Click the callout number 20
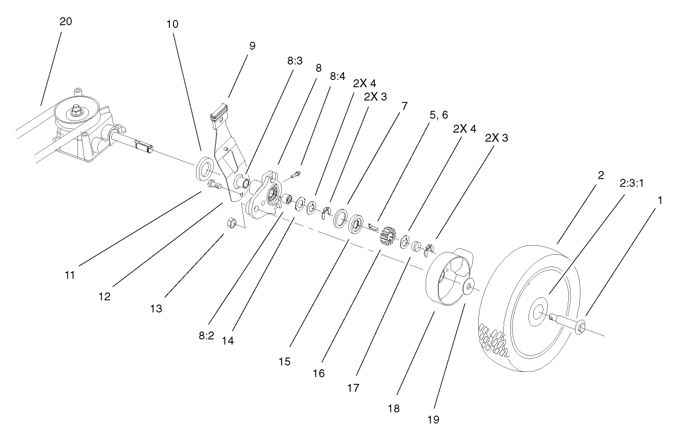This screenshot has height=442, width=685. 65,21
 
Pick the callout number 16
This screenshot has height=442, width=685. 319,374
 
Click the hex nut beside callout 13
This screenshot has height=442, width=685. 230,223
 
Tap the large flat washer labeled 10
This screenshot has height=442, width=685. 205,167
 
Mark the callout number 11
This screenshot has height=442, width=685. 70,275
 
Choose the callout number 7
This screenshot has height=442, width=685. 404,106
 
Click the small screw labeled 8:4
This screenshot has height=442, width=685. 295,176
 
